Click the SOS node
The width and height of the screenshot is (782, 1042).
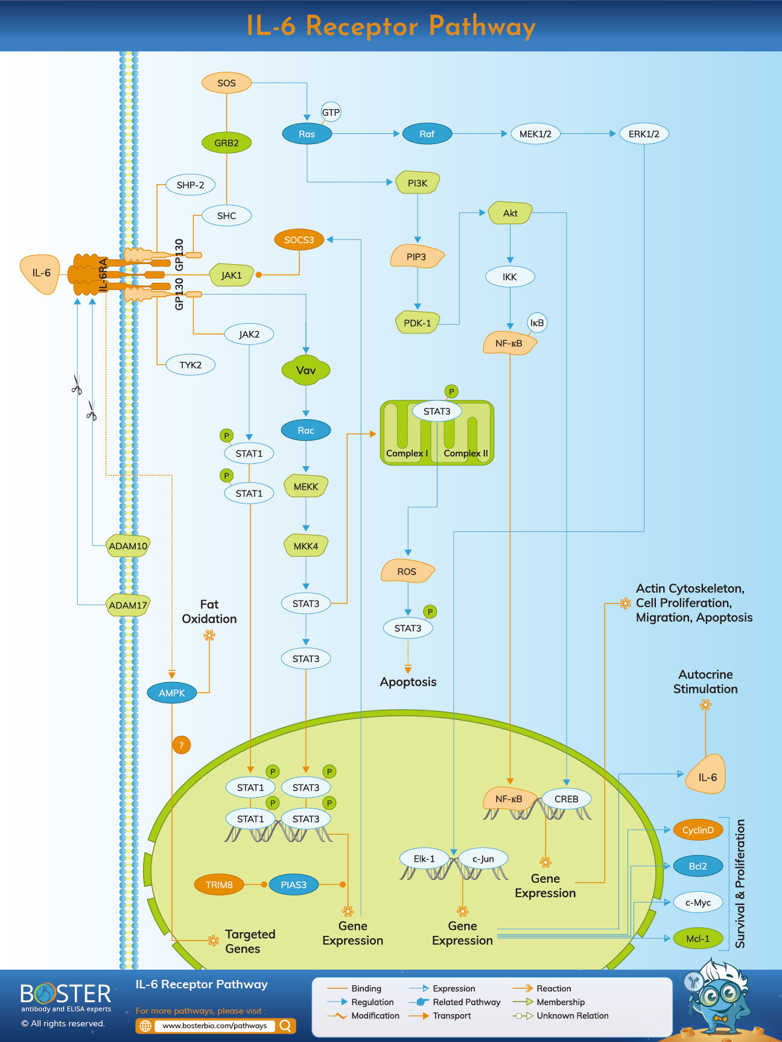tap(226, 83)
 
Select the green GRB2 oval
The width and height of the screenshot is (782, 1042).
tap(226, 143)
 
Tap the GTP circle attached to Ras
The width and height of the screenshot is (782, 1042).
tap(331, 112)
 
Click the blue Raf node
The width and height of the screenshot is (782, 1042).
tap(427, 134)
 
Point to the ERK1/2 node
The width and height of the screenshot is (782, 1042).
tap(644, 134)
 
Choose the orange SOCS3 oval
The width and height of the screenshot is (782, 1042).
tap(299, 240)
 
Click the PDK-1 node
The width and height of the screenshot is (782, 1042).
tap(417, 323)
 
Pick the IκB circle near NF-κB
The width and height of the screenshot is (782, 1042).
tap(537, 323)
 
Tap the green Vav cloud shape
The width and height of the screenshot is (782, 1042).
tap(306, 370)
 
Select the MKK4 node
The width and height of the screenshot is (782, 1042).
tap(306, 546)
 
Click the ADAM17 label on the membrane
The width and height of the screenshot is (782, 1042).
tap(128, 605)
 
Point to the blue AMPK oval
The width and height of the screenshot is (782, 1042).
tap(172, 693)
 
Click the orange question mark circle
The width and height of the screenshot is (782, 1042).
tap(181, 745)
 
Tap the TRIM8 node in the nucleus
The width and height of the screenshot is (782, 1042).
tap(219, 885)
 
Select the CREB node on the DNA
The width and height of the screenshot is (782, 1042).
tap(566, 799)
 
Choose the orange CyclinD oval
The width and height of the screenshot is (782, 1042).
tap(698, 830)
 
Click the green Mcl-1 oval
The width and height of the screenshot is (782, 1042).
tap(698, 938)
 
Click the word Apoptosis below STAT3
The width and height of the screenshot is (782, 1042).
tap(408, 682)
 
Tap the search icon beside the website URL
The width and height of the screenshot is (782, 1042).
tap(286, 1025)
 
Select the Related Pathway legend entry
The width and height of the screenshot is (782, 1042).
tap(466, 1002)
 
